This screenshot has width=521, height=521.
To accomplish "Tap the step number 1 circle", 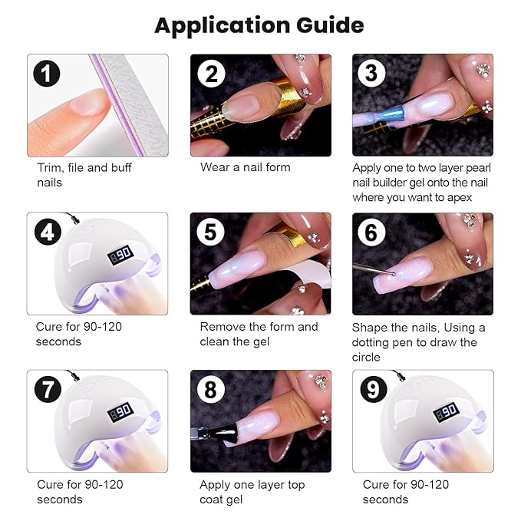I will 48,74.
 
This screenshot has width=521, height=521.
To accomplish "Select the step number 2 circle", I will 210,74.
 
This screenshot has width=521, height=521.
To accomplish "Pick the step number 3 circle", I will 371,74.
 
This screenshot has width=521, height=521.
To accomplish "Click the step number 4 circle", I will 48,232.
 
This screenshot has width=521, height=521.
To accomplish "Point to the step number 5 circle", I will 210,232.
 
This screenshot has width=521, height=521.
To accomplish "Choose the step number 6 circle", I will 371,232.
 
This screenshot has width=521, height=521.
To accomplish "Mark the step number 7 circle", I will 48,390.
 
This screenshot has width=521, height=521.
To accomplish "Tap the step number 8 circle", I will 210,390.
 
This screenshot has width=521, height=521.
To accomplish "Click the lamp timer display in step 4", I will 119,253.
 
